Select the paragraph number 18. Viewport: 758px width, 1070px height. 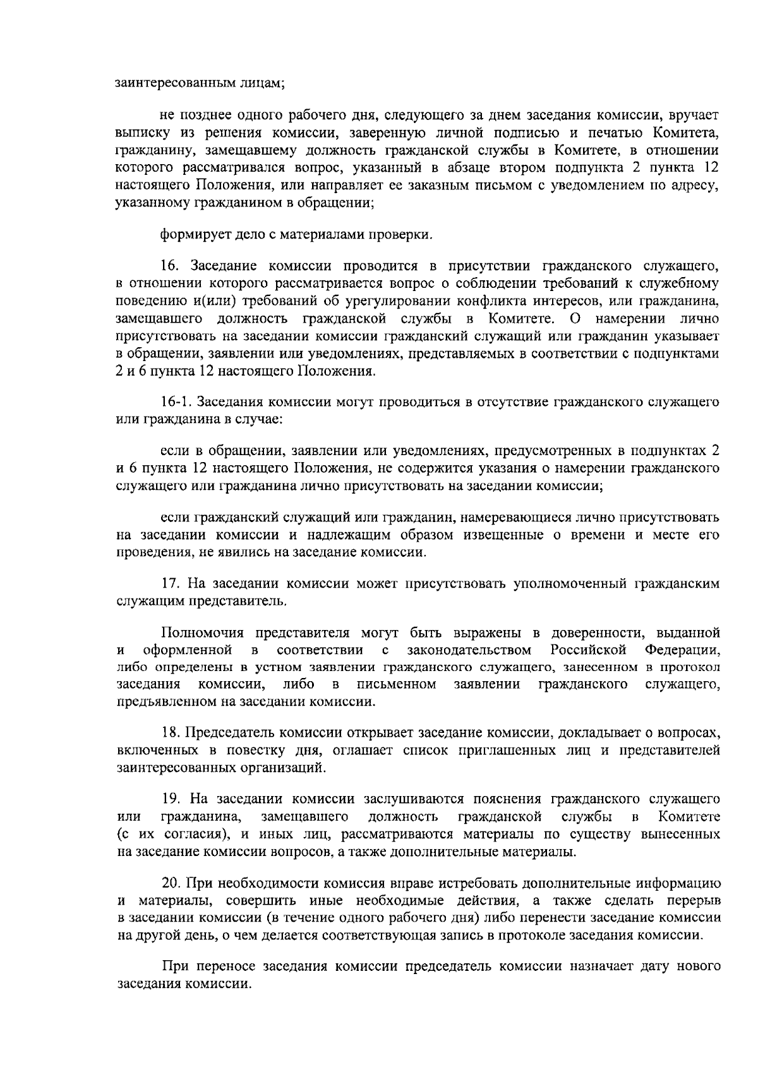pyautogui.click(x=171, y=732)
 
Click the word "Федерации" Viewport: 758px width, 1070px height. pyautogui.click(x=682, y=650)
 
